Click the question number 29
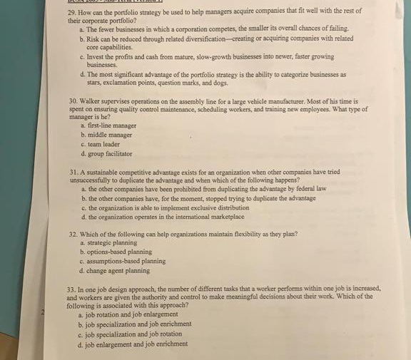[x=70, y=11]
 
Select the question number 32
[x=71, y=234]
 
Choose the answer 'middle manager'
[x=111, y=135]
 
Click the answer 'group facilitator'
[x=112, y=153]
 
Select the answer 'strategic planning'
[x=111, y=243]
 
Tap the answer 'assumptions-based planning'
[x=126, y=261]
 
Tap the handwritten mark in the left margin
[x=42, y=312]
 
